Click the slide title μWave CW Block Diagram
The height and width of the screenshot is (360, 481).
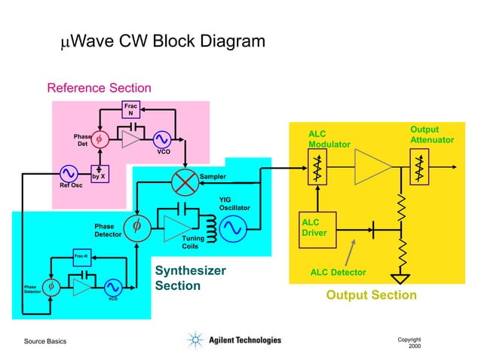click(x=162, y=41)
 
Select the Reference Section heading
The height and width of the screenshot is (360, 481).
click(x=99, y=88)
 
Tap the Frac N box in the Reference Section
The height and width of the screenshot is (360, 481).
click(x=130, y=109)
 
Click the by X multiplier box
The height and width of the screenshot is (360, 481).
click(x=100, y=175)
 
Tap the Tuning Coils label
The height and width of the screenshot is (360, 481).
click(x=192, y=242)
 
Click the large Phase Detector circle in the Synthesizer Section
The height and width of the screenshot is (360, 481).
click(x=136, y=226)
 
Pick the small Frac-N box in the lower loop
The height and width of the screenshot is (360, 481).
click(x=81, y=257)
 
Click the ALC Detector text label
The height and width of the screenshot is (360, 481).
click(x=338, y=272)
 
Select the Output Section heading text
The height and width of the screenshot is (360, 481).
click(x=371, y=295)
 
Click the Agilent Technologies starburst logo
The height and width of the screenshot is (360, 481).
click(x=196, y=340)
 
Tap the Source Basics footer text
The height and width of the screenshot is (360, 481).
click(x=45, y=342)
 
